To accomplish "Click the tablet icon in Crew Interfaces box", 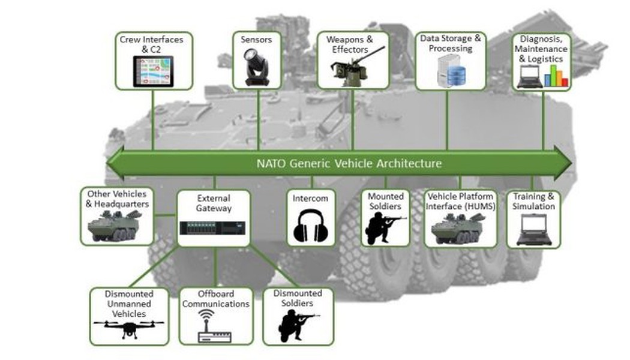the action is [x=153, y=71].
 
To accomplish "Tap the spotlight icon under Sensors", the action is [x=256, y=67].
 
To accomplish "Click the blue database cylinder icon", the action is [x=457, y=76].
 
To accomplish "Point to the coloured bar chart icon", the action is [x=556, y=76].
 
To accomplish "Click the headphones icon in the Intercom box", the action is [x=311, y=226].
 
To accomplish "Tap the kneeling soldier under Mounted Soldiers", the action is [x=385, y=228].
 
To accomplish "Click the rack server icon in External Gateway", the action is [x=213, y=228].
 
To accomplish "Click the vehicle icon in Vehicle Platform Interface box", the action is [x=457, y=229].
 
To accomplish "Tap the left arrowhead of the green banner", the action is [x=115, y=163].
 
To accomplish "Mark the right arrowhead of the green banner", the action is [x=563, y=163].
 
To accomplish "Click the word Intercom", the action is [x=310, y=199].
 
